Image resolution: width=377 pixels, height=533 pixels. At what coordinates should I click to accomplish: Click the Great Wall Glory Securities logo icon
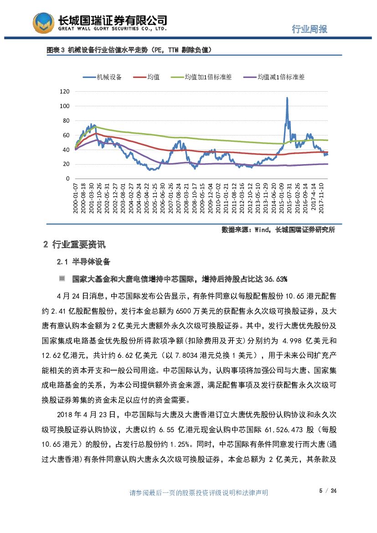43,23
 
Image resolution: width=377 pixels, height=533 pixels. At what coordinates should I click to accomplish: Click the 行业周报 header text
310,29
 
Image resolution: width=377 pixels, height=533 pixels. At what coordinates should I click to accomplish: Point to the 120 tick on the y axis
64,92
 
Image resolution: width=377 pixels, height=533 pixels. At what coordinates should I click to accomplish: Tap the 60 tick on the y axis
66,135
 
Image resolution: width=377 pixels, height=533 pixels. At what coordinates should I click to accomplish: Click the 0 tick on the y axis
67,179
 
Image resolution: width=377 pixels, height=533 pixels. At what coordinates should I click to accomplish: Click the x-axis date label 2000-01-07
76,197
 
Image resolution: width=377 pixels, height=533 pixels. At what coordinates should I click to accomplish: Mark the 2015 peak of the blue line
287,98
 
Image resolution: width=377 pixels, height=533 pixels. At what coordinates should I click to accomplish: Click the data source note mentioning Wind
278,230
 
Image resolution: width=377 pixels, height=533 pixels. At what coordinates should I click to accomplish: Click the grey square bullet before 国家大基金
62,279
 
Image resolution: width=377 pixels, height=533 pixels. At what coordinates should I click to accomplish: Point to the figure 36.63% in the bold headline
275,279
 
